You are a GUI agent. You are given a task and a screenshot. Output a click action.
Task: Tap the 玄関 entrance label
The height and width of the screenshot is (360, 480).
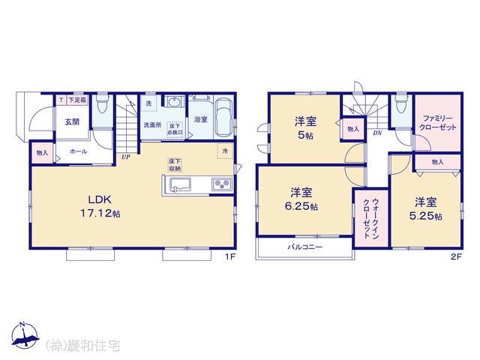pyautogui.click(x=71, y=121)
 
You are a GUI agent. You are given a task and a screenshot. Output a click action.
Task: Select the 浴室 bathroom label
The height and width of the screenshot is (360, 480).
pyautogui.click(x=201, y=119)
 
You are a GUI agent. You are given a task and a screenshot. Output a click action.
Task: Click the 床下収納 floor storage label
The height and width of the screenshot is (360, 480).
pyautogui.click(x=174, y=165)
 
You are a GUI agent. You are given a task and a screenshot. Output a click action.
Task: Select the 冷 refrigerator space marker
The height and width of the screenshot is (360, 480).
pyautogui.click(x=225, y=151)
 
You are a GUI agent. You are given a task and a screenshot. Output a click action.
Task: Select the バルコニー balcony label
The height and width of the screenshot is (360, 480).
pyautogui.click(x=304, y=246)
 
